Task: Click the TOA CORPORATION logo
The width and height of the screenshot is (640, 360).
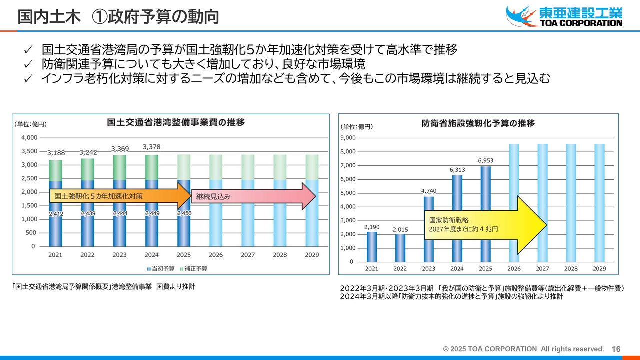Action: click(x=564, y=16)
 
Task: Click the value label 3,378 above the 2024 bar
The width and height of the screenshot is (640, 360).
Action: click(x=151, y=147)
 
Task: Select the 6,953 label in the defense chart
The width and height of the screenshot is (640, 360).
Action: click(x=485, y=161)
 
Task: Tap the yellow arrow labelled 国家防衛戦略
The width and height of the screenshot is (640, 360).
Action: click(x=485, y=225)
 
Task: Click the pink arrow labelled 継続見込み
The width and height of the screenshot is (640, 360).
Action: click(x=253, y=196)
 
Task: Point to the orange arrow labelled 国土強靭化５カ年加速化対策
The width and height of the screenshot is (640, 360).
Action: click(x=120, y=196)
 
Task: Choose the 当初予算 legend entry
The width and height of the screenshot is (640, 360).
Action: click(x=161, y=269)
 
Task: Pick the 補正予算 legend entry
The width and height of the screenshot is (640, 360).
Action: click(x=194, y=269)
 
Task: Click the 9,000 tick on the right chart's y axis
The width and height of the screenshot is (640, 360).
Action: click(x=348, y=138)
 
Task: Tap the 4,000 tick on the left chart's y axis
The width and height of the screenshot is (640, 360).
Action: click(x=29, y=138)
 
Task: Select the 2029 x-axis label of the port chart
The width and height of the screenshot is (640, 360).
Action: click(x=312, y=255)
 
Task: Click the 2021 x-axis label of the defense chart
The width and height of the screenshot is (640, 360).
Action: click(x=371, y=269)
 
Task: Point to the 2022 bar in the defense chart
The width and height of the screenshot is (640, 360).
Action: click(x=400, y=248)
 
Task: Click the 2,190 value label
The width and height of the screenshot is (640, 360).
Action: click(x=372, y=227)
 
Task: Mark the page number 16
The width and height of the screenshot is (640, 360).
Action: click(x=616, y=349)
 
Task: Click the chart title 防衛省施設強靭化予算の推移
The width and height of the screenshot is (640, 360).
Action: click(x=478, y=123)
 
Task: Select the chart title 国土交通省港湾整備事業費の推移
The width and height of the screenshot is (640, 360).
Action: click(x=176, y=122)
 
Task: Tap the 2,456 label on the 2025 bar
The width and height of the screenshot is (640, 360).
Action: click(x=184, y=213)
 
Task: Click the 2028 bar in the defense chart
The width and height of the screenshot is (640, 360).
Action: click(x=571, y=203)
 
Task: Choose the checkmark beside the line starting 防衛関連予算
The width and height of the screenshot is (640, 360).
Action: click(x=28, y=64)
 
